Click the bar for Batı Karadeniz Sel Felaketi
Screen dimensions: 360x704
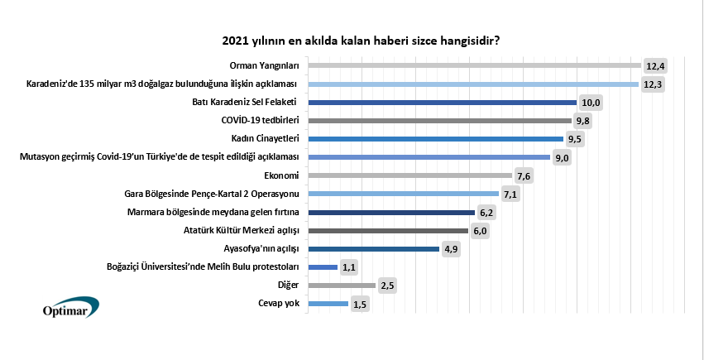tap(442, 103)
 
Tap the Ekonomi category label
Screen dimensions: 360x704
tap(281, 175)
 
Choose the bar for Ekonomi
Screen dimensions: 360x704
tap(409, 175)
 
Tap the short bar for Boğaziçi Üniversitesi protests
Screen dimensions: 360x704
tap(322, 266)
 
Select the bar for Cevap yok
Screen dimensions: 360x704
tap(328, 304)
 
